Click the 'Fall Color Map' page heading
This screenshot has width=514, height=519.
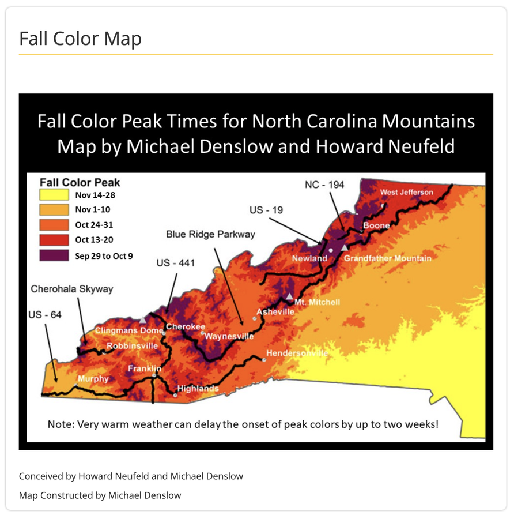[x=80, y=39]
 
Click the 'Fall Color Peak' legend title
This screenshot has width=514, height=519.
[x=80, y=182]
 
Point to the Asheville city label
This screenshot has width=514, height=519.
[x=275, y=311]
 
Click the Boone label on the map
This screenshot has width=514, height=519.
[x=376, y=225]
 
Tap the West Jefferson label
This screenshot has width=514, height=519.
[x=407, y=192]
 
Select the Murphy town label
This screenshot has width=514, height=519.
[x=93, y=379]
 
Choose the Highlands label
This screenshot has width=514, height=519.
[x=198, y=389]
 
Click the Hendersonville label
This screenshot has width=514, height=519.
[x=297, y=353]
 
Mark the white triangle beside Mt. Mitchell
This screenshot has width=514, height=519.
[x=289, y=296]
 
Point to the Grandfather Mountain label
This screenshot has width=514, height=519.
[x=387, y=258]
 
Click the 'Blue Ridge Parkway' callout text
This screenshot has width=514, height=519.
[x=210, y=234]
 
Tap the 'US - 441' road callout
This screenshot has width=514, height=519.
[x=176, y=263]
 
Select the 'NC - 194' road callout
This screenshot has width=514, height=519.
[x=324, y=185]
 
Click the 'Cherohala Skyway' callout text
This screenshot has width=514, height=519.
[x=72, y=288]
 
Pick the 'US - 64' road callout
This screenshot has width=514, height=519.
[x=44, y=314]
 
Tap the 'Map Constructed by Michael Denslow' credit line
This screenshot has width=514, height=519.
[x=100, y=495]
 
